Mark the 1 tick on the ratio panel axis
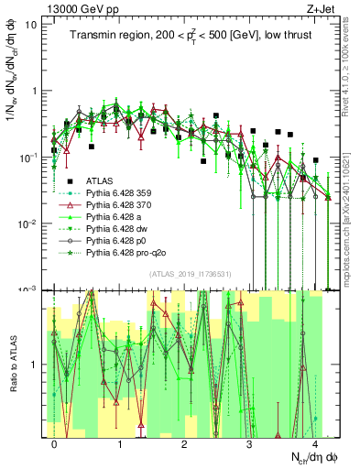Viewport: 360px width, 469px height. click(x=34, y=365)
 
